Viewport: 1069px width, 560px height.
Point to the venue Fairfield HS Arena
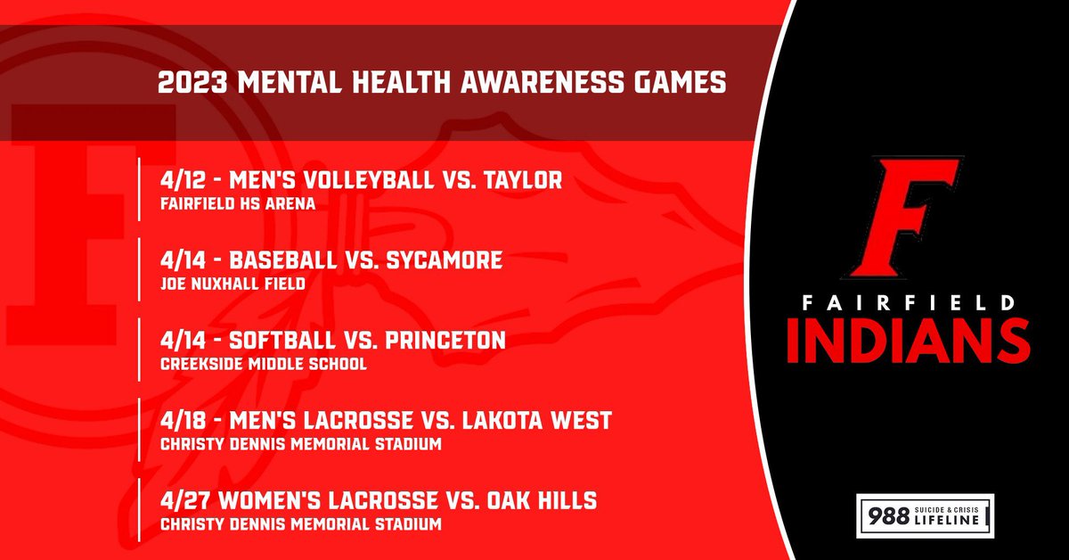click(238, 203)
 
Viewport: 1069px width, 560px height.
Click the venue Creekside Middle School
click(263, 364)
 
